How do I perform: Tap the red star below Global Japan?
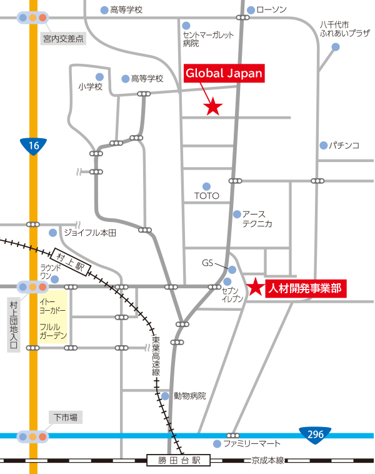click(214, 107)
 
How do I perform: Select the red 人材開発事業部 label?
click(305, 288)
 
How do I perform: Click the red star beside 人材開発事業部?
click(256, 288)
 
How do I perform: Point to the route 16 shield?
click(34, 146)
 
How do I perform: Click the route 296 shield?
click(314, 433)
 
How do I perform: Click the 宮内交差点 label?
click(64, 39)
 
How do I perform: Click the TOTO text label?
click(207, 196)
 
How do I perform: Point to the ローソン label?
click(271, 9)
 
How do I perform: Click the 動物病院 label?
click(189, 396)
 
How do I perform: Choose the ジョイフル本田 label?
click(90, 233)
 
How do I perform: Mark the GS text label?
click(207, 263)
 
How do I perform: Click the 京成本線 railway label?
click(268, 461)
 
